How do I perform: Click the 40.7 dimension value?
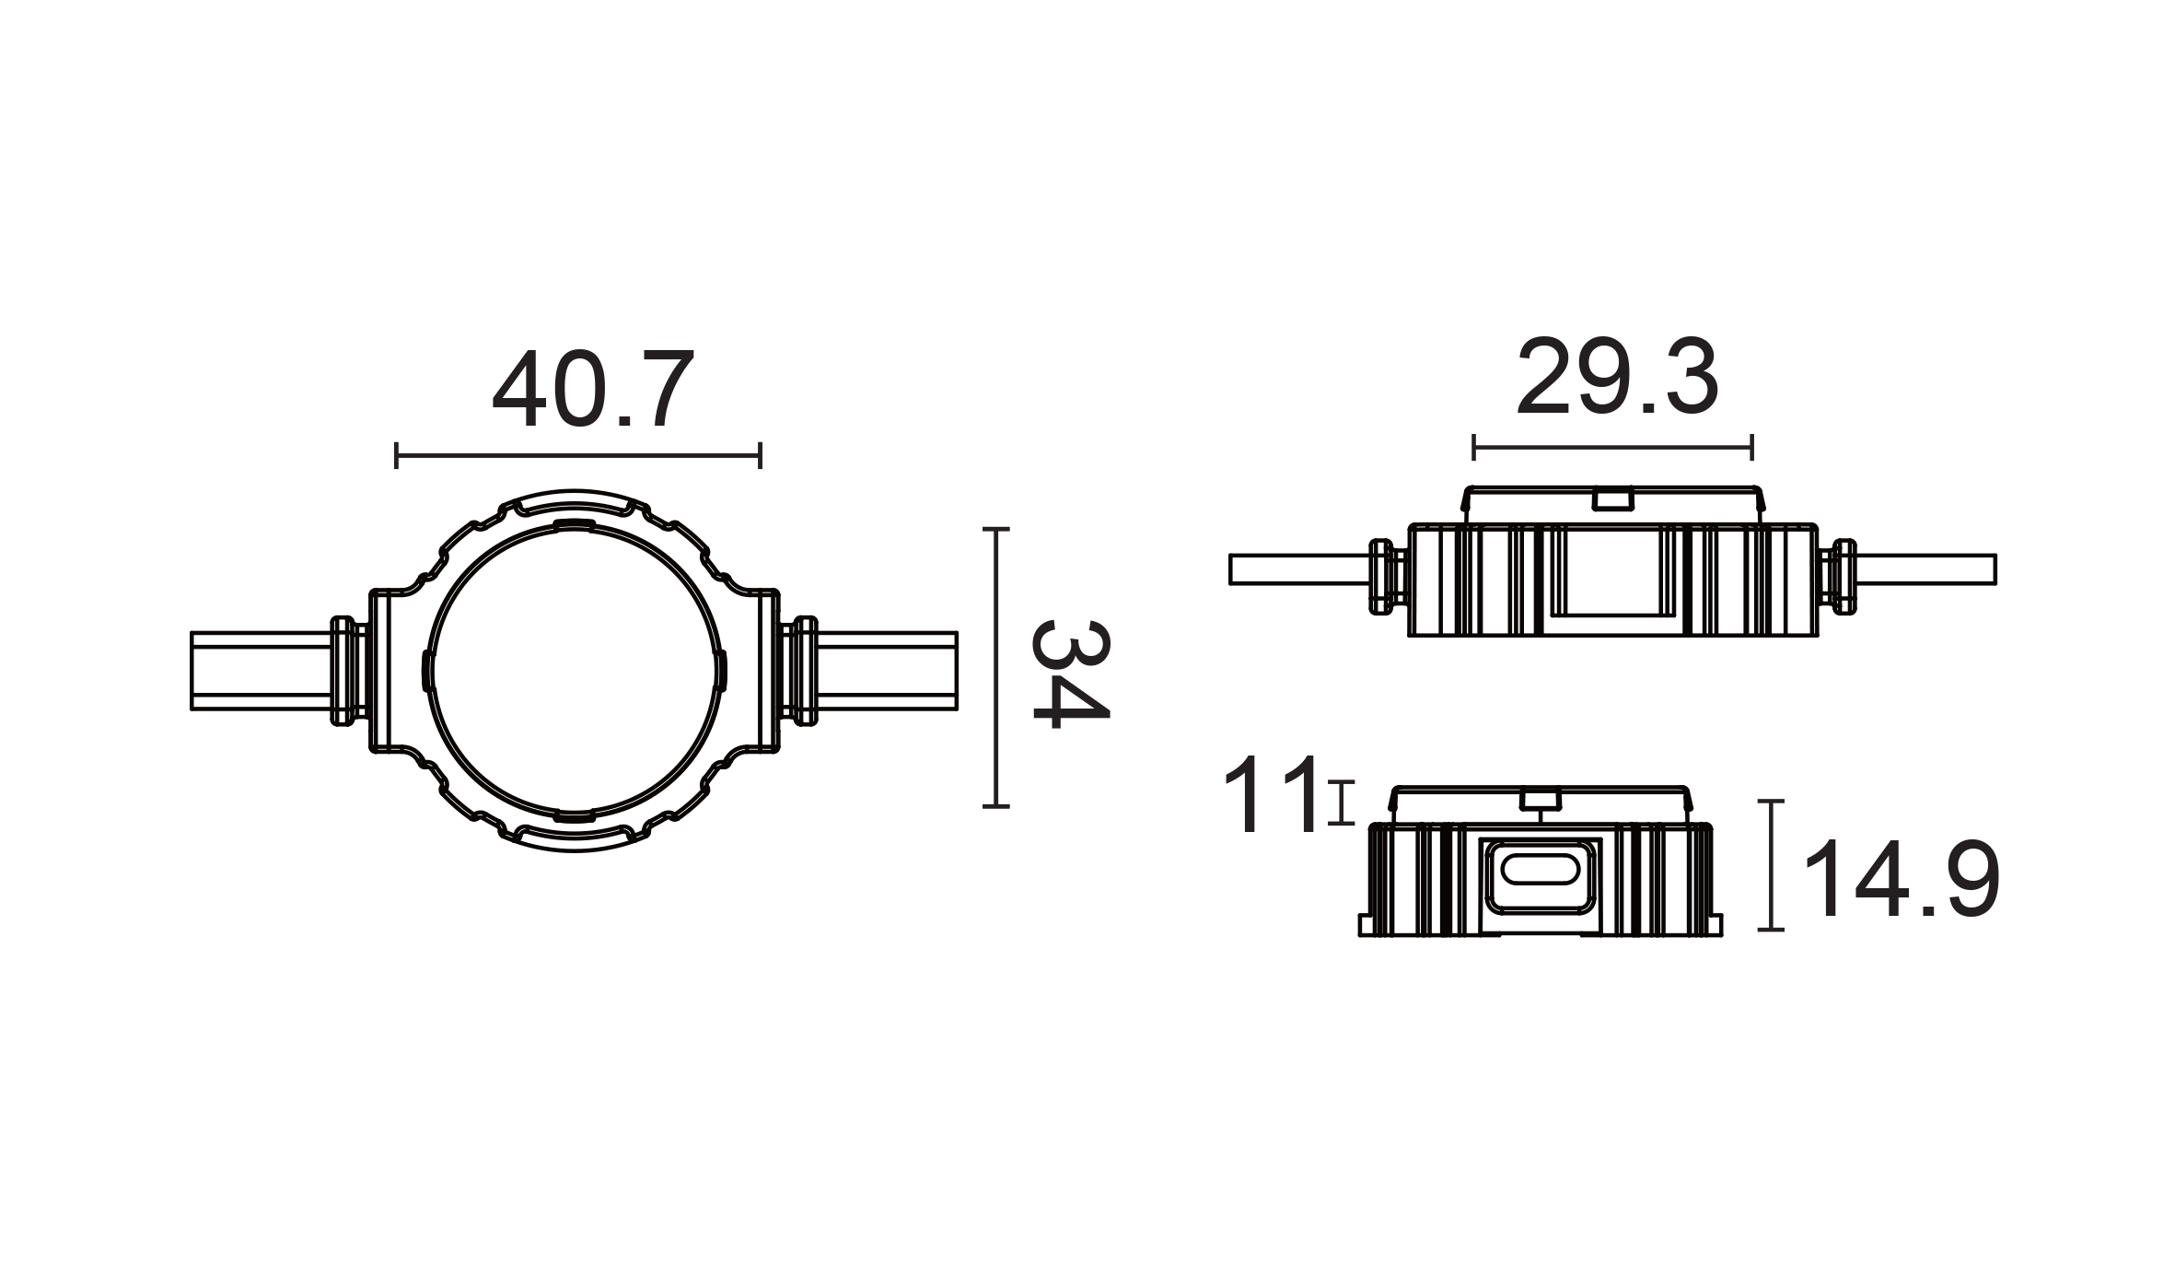pos(592,389)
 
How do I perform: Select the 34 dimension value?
pos(1071,674)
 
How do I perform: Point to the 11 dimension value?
pos(1272,795)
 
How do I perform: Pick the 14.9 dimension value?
pos(1902,878)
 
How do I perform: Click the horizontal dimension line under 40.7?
pos(578,455)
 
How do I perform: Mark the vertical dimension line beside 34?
pos(996,668)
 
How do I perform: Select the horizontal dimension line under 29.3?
pos(1612,448)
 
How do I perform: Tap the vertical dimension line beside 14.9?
pos(1771,865)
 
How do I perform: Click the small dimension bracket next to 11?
pos(1342,802)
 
